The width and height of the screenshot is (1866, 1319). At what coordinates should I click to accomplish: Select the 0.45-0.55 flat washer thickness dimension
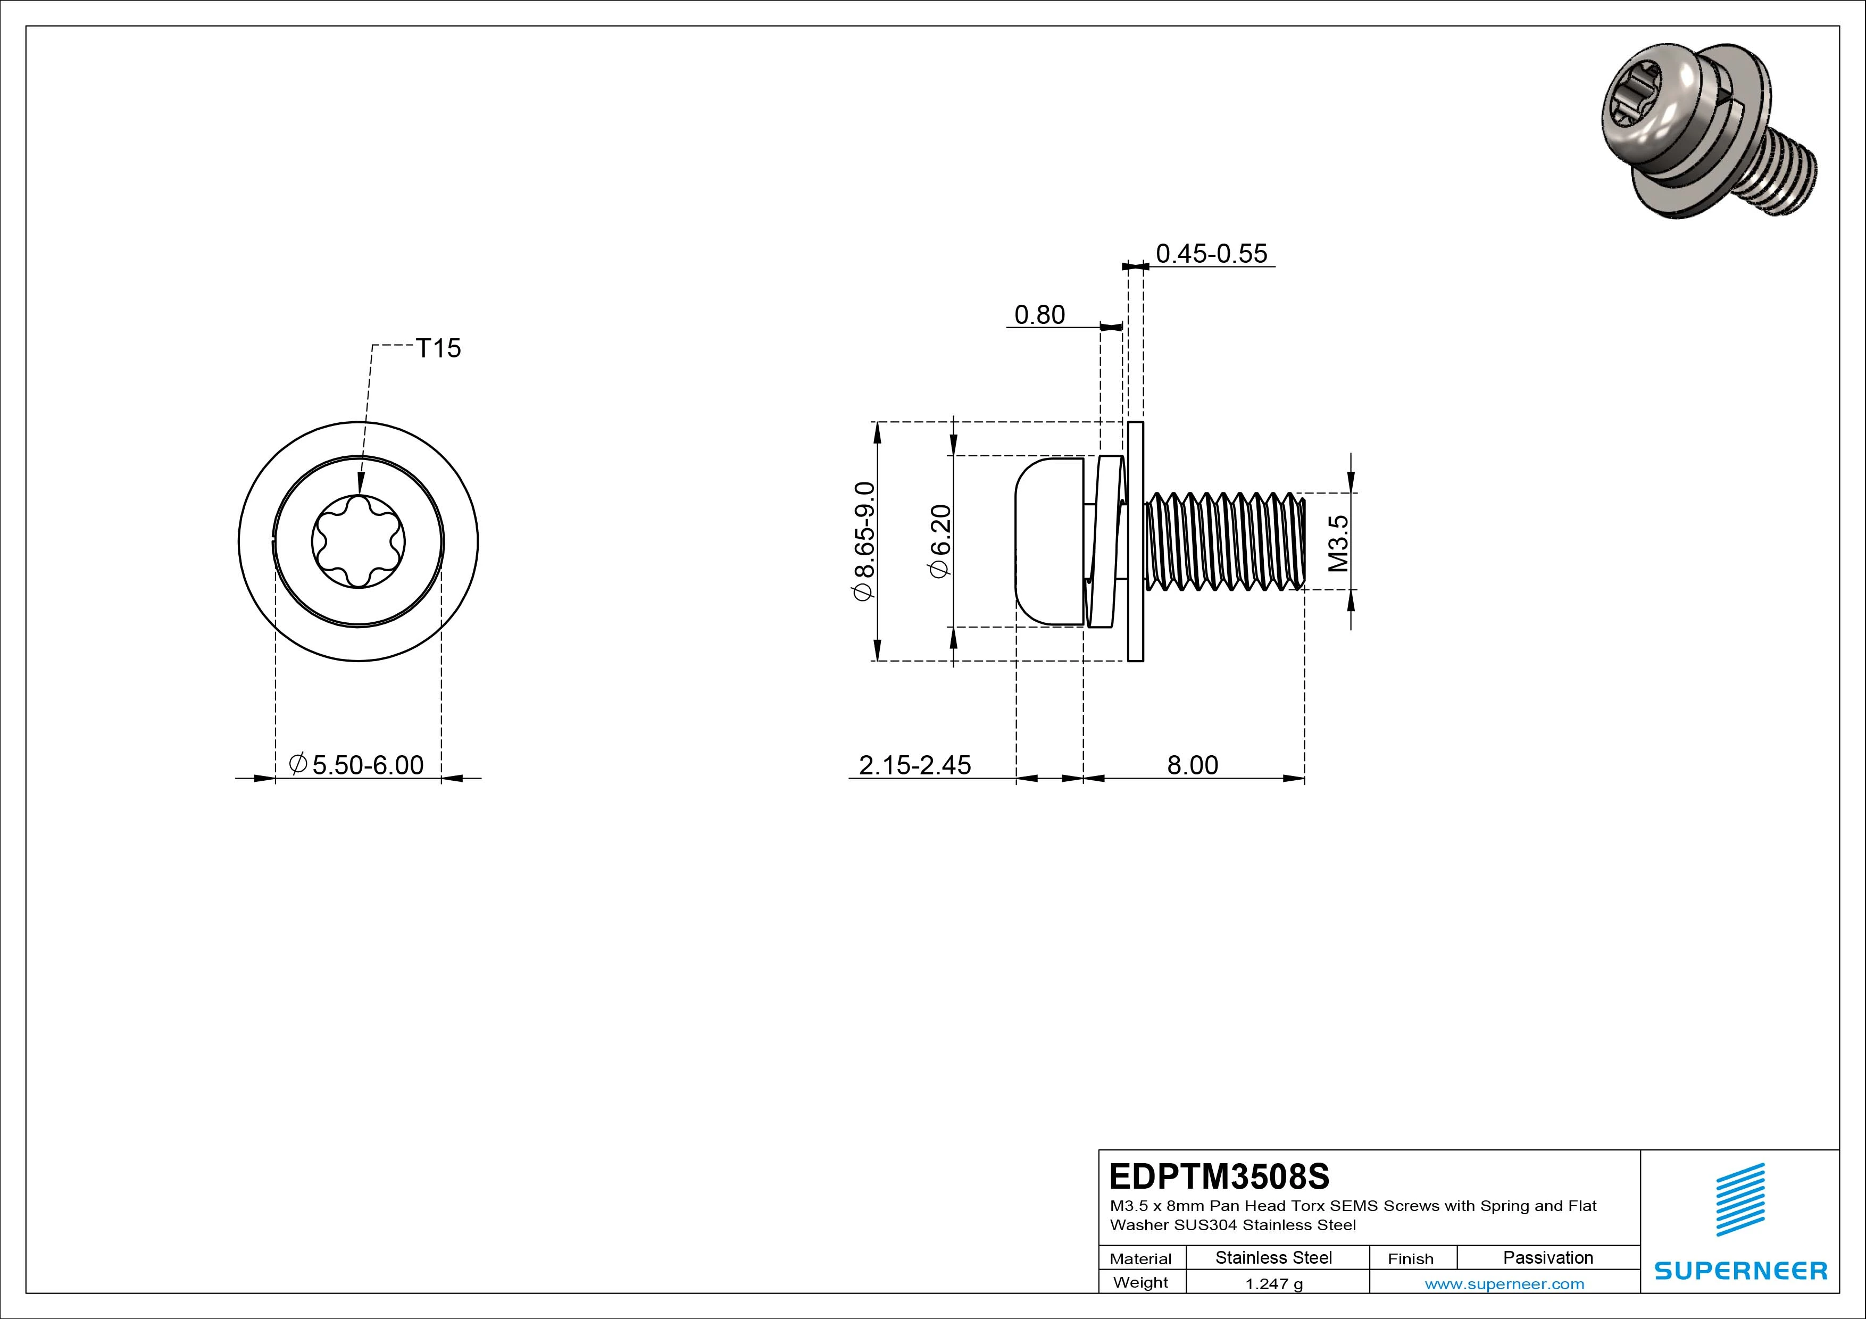[x=1211, y=254]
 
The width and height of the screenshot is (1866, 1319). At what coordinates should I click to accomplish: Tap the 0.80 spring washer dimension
[x=1039, y=314]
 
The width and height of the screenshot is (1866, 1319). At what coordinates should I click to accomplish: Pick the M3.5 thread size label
[x=1338, y=543]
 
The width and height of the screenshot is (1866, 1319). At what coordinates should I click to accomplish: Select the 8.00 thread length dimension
[x=1192, y=765]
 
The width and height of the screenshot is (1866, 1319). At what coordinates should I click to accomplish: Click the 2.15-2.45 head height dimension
[x=914, y=765]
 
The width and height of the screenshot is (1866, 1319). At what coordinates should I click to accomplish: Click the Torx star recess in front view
[x=359, y=541]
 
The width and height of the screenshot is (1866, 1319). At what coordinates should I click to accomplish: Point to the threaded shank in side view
[x=1223, y=541]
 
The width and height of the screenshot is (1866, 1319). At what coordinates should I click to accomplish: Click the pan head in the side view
[x=1048, y=541]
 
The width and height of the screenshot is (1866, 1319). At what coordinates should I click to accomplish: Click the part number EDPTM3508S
[x=1219, y=1176]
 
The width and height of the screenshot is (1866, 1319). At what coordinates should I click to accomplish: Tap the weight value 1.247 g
[x=1273, y=1284]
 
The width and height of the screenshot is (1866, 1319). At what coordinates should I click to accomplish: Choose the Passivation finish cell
[x=1547, y=1257]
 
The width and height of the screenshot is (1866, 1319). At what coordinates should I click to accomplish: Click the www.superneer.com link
[x=1504, y=1284]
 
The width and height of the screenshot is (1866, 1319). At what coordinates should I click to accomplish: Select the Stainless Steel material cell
[x=1273, y=1257]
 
